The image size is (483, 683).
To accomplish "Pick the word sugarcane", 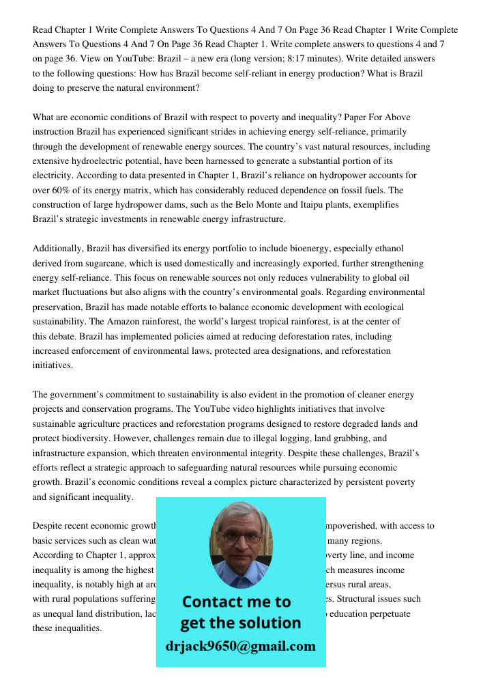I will tap(100, 263).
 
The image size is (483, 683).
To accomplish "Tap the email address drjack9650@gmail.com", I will tap(241, 646).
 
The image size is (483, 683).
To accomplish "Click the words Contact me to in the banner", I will tap(236, 602).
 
